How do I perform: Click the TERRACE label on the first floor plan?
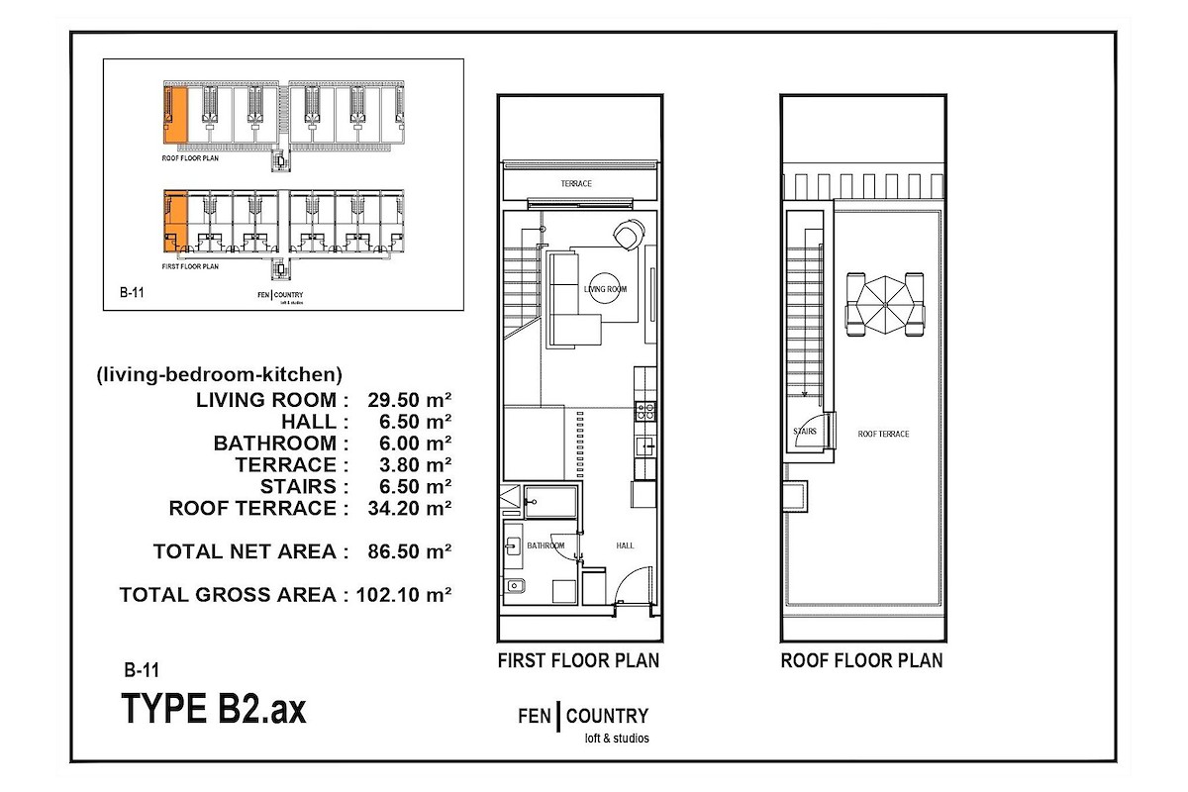coord(576,183)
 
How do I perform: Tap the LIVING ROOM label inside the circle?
coord(605,289)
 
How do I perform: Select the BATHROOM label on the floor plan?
coord(545,545)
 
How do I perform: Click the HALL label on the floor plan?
coord(625,545)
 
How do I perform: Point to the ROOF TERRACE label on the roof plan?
coord(883,434)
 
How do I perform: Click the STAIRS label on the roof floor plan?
coord(805,432)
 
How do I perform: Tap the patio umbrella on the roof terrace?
coord(885,305)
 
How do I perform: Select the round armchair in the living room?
coord(630,234)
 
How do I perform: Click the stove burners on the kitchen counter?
coord(645,411)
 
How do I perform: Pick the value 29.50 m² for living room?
coord(410,400)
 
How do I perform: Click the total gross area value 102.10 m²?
coord(404,595)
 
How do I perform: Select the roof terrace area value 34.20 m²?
coord(410,508)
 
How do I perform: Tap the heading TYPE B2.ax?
coord(214,709)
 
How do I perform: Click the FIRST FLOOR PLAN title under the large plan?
coord(578,660)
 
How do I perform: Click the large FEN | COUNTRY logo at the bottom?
coord(583,723)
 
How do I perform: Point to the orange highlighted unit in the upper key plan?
coord(175,115)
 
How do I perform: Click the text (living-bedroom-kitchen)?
coord(219,375)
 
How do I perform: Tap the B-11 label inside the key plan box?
coord(132,292)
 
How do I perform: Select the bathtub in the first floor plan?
coord(550,501)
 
